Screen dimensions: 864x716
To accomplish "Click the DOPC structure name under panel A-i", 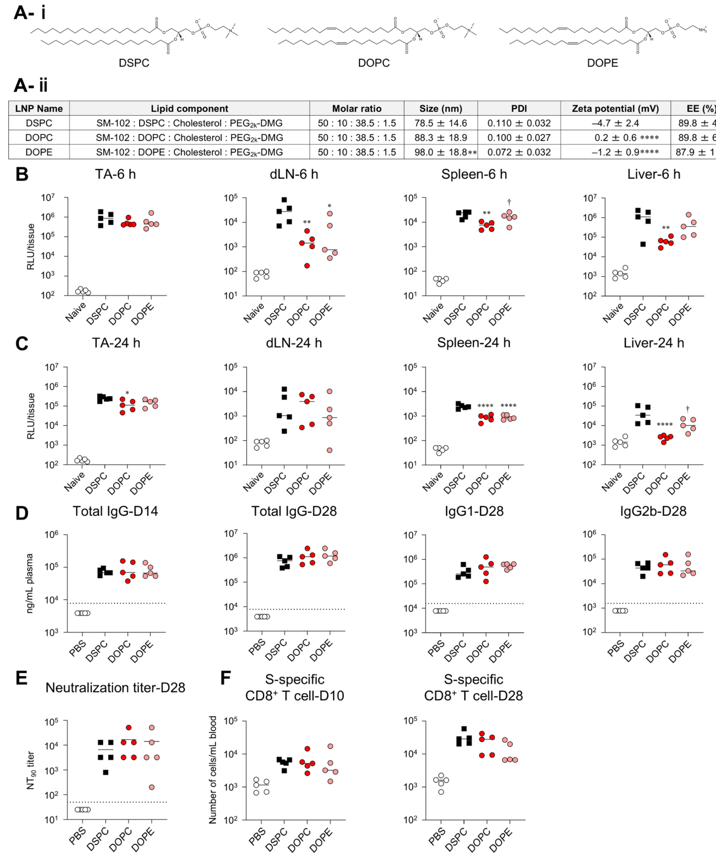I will click(x=373, y=63).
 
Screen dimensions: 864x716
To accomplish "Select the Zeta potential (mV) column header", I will click(x=614, y=109).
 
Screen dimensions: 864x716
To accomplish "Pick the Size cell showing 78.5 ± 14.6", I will click(x=440, y=123).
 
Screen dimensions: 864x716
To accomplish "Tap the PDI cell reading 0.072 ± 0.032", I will click(x=519, y=153).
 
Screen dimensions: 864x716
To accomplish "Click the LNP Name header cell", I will click(x=39, y=109).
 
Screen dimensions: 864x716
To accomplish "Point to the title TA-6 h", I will click(x=116, y=174).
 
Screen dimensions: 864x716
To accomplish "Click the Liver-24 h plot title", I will click(x=653, y=343).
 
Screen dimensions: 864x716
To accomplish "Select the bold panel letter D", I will click(x=22, y=513).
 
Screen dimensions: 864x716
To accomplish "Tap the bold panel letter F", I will click(x=226, y=678).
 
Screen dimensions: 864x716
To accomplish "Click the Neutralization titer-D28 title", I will click(x=115, y=688).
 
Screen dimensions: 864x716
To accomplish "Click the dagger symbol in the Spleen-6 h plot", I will click(x=509, y=202).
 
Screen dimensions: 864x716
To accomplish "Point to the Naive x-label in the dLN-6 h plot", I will click(x=254, y=312).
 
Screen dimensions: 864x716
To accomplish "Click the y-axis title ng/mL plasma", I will click(x=30, y=583).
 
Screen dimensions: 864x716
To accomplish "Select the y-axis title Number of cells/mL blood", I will click(x=213, y=770).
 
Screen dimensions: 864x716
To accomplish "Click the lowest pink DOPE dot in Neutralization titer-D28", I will click(x=152, y=787).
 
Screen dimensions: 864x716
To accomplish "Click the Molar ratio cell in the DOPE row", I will click(x=357, y=153).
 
